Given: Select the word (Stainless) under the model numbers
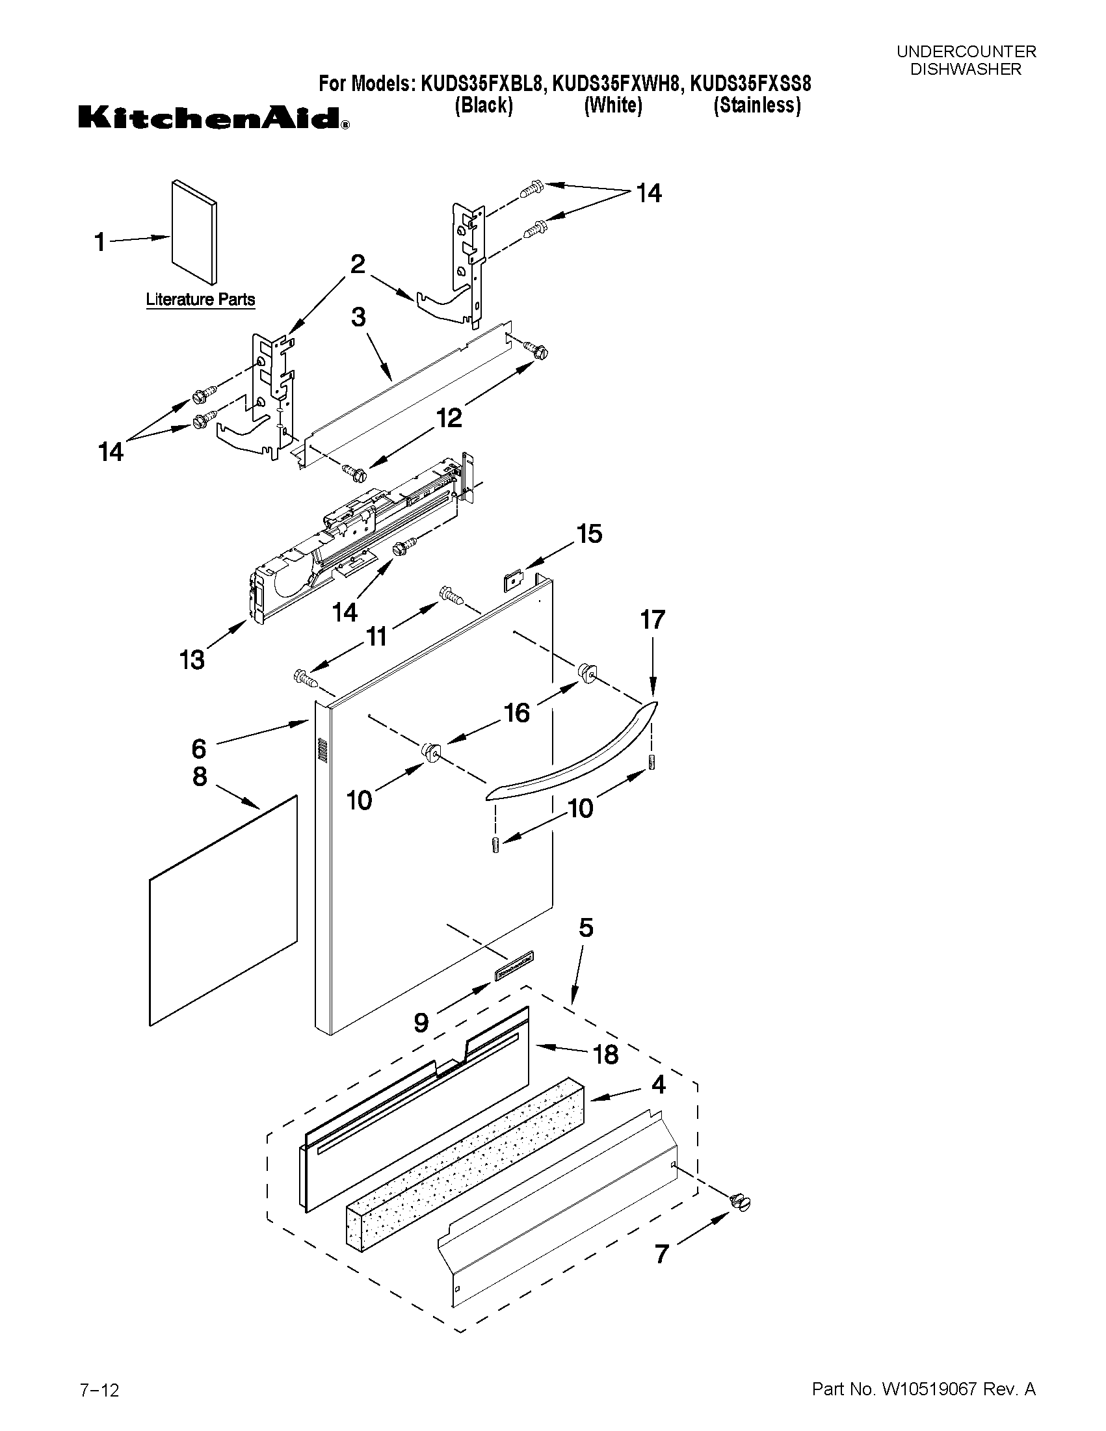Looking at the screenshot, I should pyautogui.click(x=757, y=105).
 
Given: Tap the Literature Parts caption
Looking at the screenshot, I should pyautogui.click(x=200, y=300).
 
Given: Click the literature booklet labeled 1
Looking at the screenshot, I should pyautogui.click(x=194, y=233).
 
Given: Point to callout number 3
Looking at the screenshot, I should pyautogui.click(x=358, y=317).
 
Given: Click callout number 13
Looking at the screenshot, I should pyautogui.click(x=192, y=660).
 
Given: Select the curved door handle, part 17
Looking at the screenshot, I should pyautogui.click(x=570, y=754).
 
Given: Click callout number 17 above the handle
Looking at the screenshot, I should pyautogui.click(x=652, y=619).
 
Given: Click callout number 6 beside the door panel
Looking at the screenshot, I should pyautogui.click(x=199, y=748).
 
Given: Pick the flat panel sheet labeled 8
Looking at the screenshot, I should pyautogui.click(x=223, y=911).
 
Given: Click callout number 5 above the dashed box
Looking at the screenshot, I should pyautogui.click(x=586, y=928).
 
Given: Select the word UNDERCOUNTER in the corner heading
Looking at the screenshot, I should pyautogui.click(x=966, y=52).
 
